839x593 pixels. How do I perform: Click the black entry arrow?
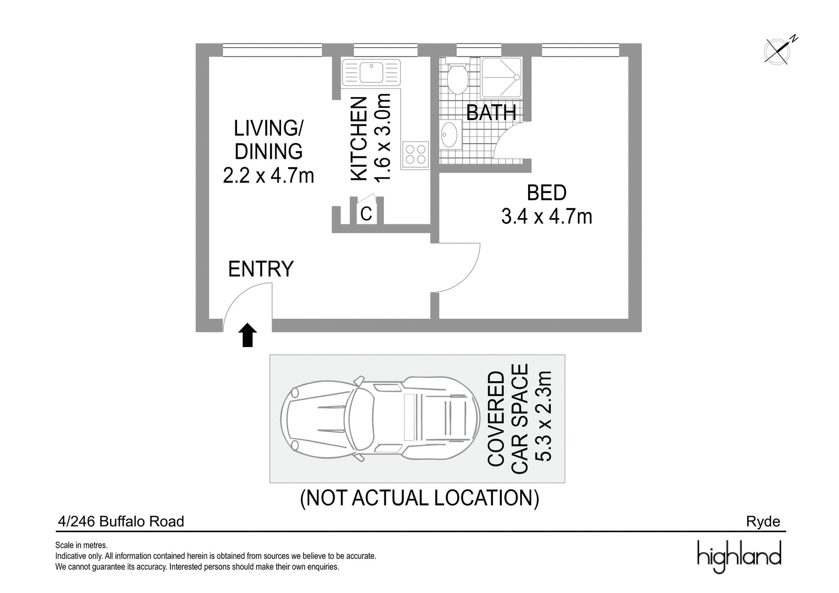pyautogui.click(x=248, y=335)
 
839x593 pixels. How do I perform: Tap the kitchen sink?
pyautogui.click(x=371, y=72)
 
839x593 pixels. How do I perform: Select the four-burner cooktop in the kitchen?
pyautogui.click(x=415, y=154)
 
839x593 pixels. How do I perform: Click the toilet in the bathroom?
pyautogui.click(x=457, y=78)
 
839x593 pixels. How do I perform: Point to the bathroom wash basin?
pyautogui.click(x=450, y=135)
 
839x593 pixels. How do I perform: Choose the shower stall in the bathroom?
pyautogui.click(x=501, y=78)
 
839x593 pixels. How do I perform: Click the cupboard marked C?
pyautogui.click(x=366, y=213)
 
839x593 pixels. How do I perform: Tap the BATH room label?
pyautogui.click(x=491, y=112)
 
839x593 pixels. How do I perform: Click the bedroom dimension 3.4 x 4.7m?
pyautogui.click(x=546, y=217)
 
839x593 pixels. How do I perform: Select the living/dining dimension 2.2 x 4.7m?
pyautogui.click(x=268, y=175)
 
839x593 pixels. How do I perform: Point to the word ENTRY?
pyautogui.click(x=261, y=269)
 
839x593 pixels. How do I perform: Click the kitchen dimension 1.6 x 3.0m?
pyautogui.click(x=383, y=138)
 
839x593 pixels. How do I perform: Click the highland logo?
pyautogui.click(x=739, y=557)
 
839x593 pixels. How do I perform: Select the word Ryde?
pyautogui.click(x=763, y=522)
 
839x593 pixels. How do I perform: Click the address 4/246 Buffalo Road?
pyautogui.click(x=121, y=522)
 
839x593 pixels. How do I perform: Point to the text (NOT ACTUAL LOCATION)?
pyautogui.click(x=419, y=498)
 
